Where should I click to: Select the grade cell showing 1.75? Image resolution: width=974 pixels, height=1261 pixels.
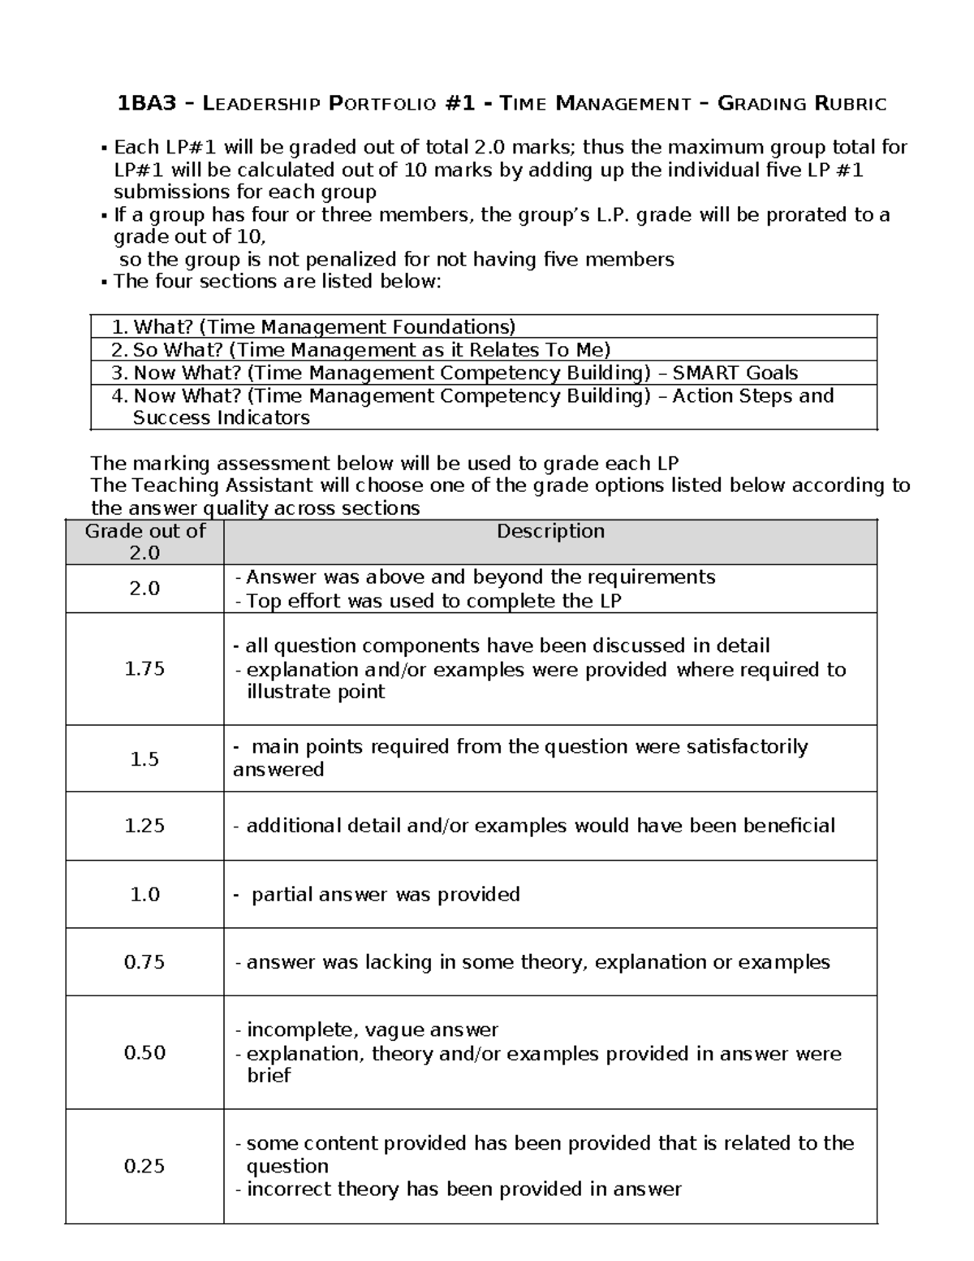(x=144, y=668)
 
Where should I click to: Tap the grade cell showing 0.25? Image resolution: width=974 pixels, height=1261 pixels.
(x=144, y=1166)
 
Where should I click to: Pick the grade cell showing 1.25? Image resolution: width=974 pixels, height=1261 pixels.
(x=144, y=825)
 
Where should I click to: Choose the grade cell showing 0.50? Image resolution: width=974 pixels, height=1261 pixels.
(x=144, y=1052)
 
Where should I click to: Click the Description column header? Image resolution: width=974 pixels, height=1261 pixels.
(x=550, y=531)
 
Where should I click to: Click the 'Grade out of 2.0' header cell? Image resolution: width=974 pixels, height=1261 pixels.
(x=144, y=542)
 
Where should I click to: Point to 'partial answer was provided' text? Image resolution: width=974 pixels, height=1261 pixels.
(x=386, y=894)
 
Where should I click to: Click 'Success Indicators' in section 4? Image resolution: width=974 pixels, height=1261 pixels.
(x=221, y=417)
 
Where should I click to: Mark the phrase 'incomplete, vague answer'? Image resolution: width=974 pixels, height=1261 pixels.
(x=372, y=1030)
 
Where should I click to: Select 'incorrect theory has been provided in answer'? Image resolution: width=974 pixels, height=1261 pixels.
(x=463, y=1189)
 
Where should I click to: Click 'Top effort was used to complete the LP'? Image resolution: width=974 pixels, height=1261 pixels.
(x=433, y=601)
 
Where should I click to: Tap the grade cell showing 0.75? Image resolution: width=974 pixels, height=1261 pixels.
(x=144, y=962)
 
